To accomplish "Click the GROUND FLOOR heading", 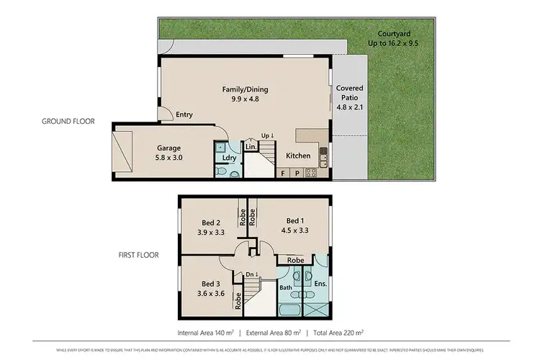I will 68,122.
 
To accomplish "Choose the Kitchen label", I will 298,156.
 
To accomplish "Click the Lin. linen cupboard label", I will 251,147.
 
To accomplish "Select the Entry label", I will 184,114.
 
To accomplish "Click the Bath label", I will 286,287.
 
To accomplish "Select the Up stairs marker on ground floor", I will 267,135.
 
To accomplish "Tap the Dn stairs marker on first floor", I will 251,274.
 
